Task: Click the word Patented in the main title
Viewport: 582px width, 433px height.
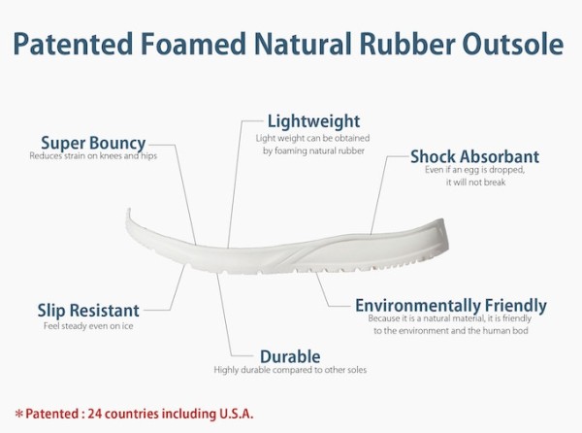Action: coord(73,44)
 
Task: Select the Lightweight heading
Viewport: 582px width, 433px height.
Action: coord(313,121)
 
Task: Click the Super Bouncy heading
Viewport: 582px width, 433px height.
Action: coord(93,143)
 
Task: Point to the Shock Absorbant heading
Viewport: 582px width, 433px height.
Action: coord(474,156)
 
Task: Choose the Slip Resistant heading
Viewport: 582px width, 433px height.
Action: coord(88,311)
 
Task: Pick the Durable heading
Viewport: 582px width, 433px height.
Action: coord(290,356)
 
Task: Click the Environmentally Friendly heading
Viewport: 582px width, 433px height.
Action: coord(451,306)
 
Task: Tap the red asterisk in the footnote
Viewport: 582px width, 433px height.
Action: coord(18,414)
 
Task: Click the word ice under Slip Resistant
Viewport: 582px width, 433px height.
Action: coord(127,326)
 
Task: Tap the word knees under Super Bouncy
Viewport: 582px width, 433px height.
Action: coord(111,155)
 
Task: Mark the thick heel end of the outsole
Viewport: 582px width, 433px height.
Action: coord(441,238)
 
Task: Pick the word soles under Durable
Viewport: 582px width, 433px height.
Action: coord(357,370)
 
